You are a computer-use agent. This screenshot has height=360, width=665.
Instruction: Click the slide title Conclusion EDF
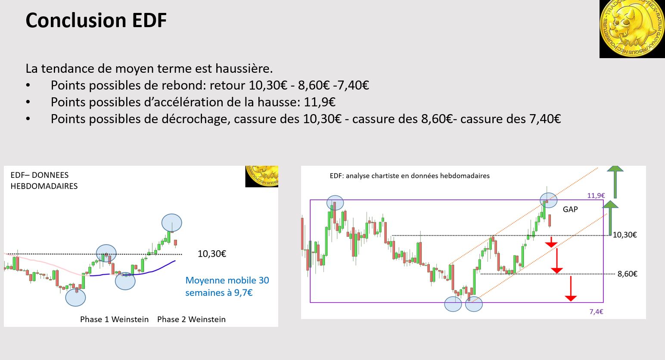click(96, 20)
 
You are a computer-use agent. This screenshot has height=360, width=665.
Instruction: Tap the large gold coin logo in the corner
click(632, 29)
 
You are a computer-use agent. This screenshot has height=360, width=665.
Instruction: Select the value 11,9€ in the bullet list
click(320, 102)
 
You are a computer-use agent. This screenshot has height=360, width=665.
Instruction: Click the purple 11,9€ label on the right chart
click(596, 196)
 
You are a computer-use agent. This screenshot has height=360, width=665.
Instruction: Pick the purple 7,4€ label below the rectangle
click(596, 312)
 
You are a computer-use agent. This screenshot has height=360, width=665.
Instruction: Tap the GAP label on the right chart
click(570, 209)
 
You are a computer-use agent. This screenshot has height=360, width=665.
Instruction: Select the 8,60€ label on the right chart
click(627, 274)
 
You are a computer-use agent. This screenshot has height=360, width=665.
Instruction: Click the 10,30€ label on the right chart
click(625, 235)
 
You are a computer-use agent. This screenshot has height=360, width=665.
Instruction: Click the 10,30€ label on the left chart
click(212, 254)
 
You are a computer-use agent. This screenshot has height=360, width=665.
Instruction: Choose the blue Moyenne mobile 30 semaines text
click(227, 286)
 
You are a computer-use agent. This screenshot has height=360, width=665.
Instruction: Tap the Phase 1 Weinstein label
click(114, 319)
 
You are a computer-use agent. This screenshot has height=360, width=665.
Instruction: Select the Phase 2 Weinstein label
click(191, 319)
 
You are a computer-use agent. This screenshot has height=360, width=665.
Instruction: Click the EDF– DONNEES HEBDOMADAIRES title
click(44, 180)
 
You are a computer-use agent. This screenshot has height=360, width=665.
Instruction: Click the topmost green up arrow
click(615, 181)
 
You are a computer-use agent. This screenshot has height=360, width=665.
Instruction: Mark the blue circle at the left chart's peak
click(171, 223)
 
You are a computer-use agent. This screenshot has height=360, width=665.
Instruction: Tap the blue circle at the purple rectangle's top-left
click(335, 202)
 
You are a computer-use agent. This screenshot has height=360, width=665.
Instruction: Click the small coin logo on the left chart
click(262, 176)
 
